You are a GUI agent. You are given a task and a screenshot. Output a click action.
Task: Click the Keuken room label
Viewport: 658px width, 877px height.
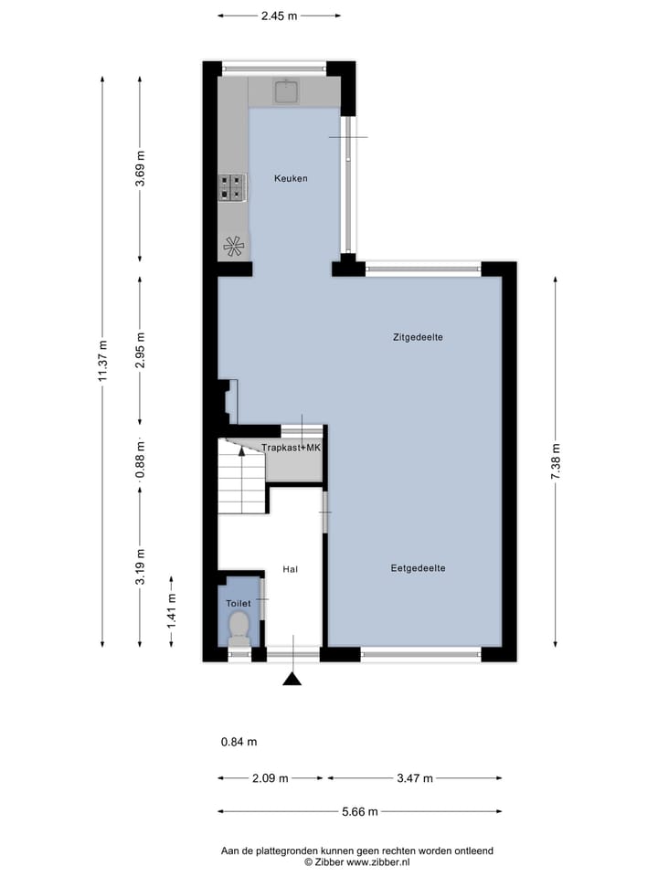coord(291,178)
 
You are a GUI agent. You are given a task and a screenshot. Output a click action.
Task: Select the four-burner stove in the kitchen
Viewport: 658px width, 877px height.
coord(231,187)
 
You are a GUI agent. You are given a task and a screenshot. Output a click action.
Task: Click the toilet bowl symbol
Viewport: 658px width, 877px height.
coord(239,626)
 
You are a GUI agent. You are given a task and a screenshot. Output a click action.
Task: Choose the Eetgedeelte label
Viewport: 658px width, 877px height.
coord(418,567)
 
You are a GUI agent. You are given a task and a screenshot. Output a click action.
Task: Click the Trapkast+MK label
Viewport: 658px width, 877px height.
coord(291,448)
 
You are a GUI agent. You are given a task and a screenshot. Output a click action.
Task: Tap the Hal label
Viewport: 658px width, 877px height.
coord(291,569)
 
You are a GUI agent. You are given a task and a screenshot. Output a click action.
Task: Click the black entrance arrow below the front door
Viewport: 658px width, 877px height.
coord(292,678)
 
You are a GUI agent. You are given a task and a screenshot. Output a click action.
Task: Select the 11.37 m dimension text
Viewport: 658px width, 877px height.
coord(103,361)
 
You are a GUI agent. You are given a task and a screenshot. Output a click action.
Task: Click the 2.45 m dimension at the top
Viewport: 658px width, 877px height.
coord(280,15)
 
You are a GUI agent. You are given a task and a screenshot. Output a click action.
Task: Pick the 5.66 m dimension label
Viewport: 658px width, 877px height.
coord(359,811)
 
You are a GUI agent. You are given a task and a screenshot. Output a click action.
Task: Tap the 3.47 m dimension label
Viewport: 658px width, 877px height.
coord(414,778)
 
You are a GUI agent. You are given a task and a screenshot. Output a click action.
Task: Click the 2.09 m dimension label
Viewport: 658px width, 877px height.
coord(270,778)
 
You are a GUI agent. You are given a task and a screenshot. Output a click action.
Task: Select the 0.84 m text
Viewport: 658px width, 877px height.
coord(239,742)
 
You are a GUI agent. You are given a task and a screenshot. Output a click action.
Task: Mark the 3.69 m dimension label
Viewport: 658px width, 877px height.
coord(140,169)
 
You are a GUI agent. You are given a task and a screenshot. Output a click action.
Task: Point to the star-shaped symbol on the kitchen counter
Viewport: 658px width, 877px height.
coord(233,245)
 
